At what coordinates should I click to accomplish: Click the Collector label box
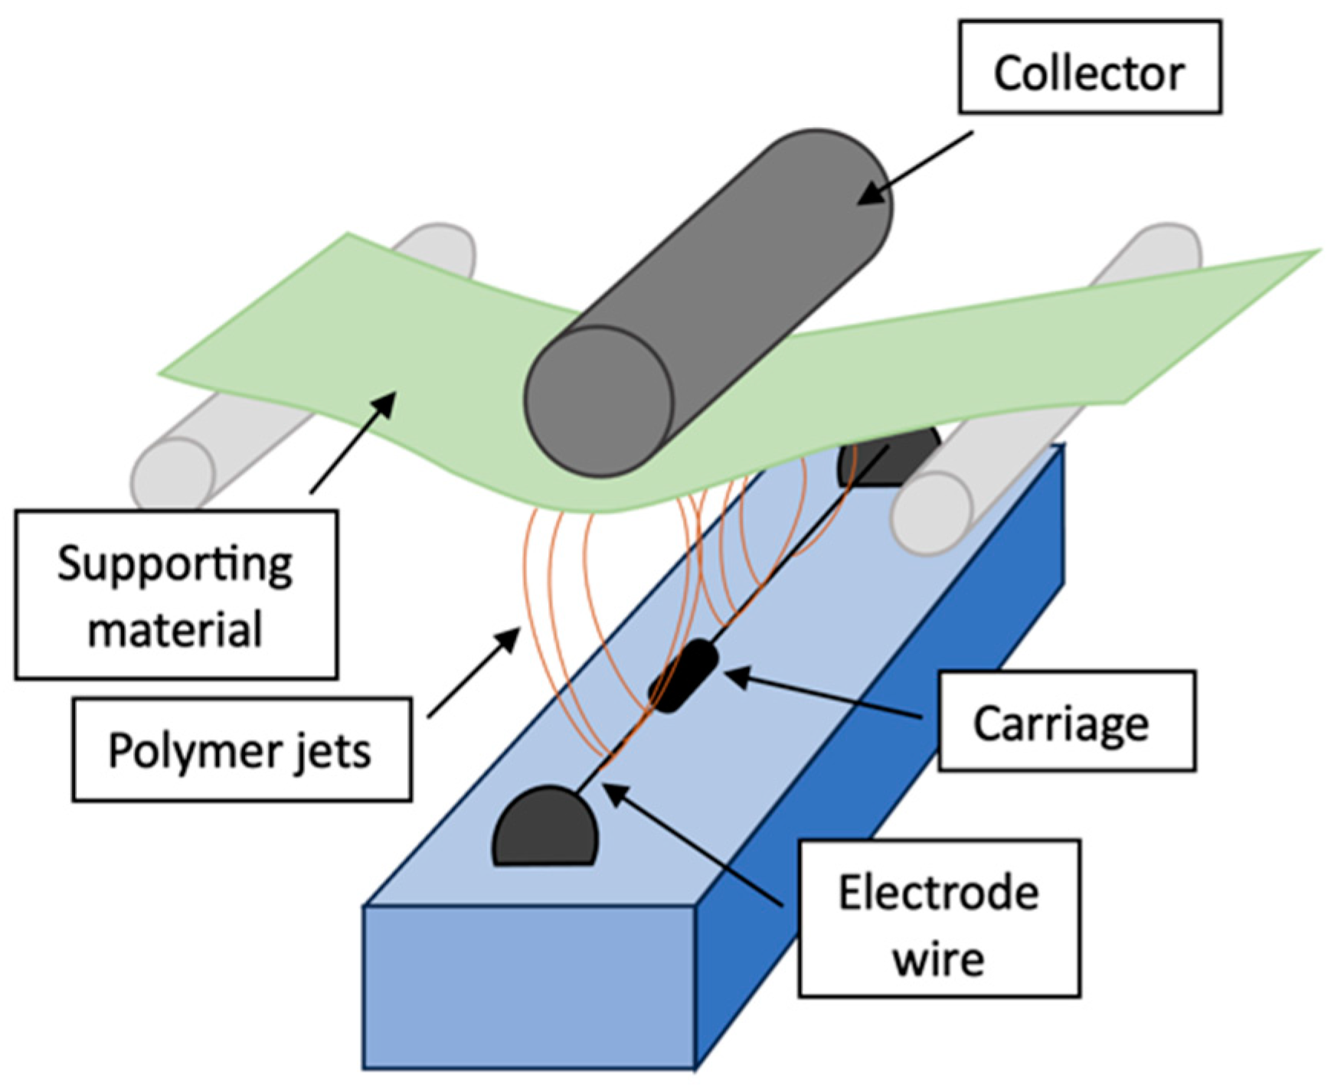point(1089,67)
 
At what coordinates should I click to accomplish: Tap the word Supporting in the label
point(175,564)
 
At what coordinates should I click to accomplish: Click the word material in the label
point(175,629)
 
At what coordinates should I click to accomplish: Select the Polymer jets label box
point(241,750)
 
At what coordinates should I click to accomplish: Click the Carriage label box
point(1065,722)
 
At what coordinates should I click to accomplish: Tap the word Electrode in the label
point(938,892)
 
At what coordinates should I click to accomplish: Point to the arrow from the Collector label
point(915,167)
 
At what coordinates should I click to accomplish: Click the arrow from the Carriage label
point(823,695)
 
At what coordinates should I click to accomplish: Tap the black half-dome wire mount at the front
point(544,830)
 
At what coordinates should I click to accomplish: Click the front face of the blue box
point(528,987)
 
